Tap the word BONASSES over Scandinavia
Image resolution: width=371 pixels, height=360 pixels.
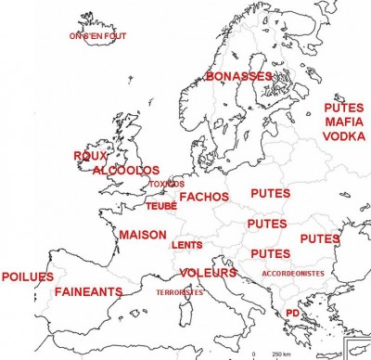coord(239,75)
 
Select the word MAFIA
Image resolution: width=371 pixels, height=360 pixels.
coord(344,122)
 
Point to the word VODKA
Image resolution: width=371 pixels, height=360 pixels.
coord(344,135)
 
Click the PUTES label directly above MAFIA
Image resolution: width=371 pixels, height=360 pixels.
coord(344,108)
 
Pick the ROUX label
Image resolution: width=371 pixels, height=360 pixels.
coord(90,157)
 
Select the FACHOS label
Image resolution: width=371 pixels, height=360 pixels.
coord(205,198)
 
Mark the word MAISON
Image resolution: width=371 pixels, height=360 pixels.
coord(142,235)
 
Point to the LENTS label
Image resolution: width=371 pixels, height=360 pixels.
coord(187,245)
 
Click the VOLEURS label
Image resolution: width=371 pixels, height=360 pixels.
coord(209,272)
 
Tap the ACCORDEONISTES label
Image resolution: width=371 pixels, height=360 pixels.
coord(293,274)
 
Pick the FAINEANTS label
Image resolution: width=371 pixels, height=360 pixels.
coord(88,291)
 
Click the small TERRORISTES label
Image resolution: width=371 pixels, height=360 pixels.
coord(179,291)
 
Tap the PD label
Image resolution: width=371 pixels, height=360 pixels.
coord(292,313)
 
